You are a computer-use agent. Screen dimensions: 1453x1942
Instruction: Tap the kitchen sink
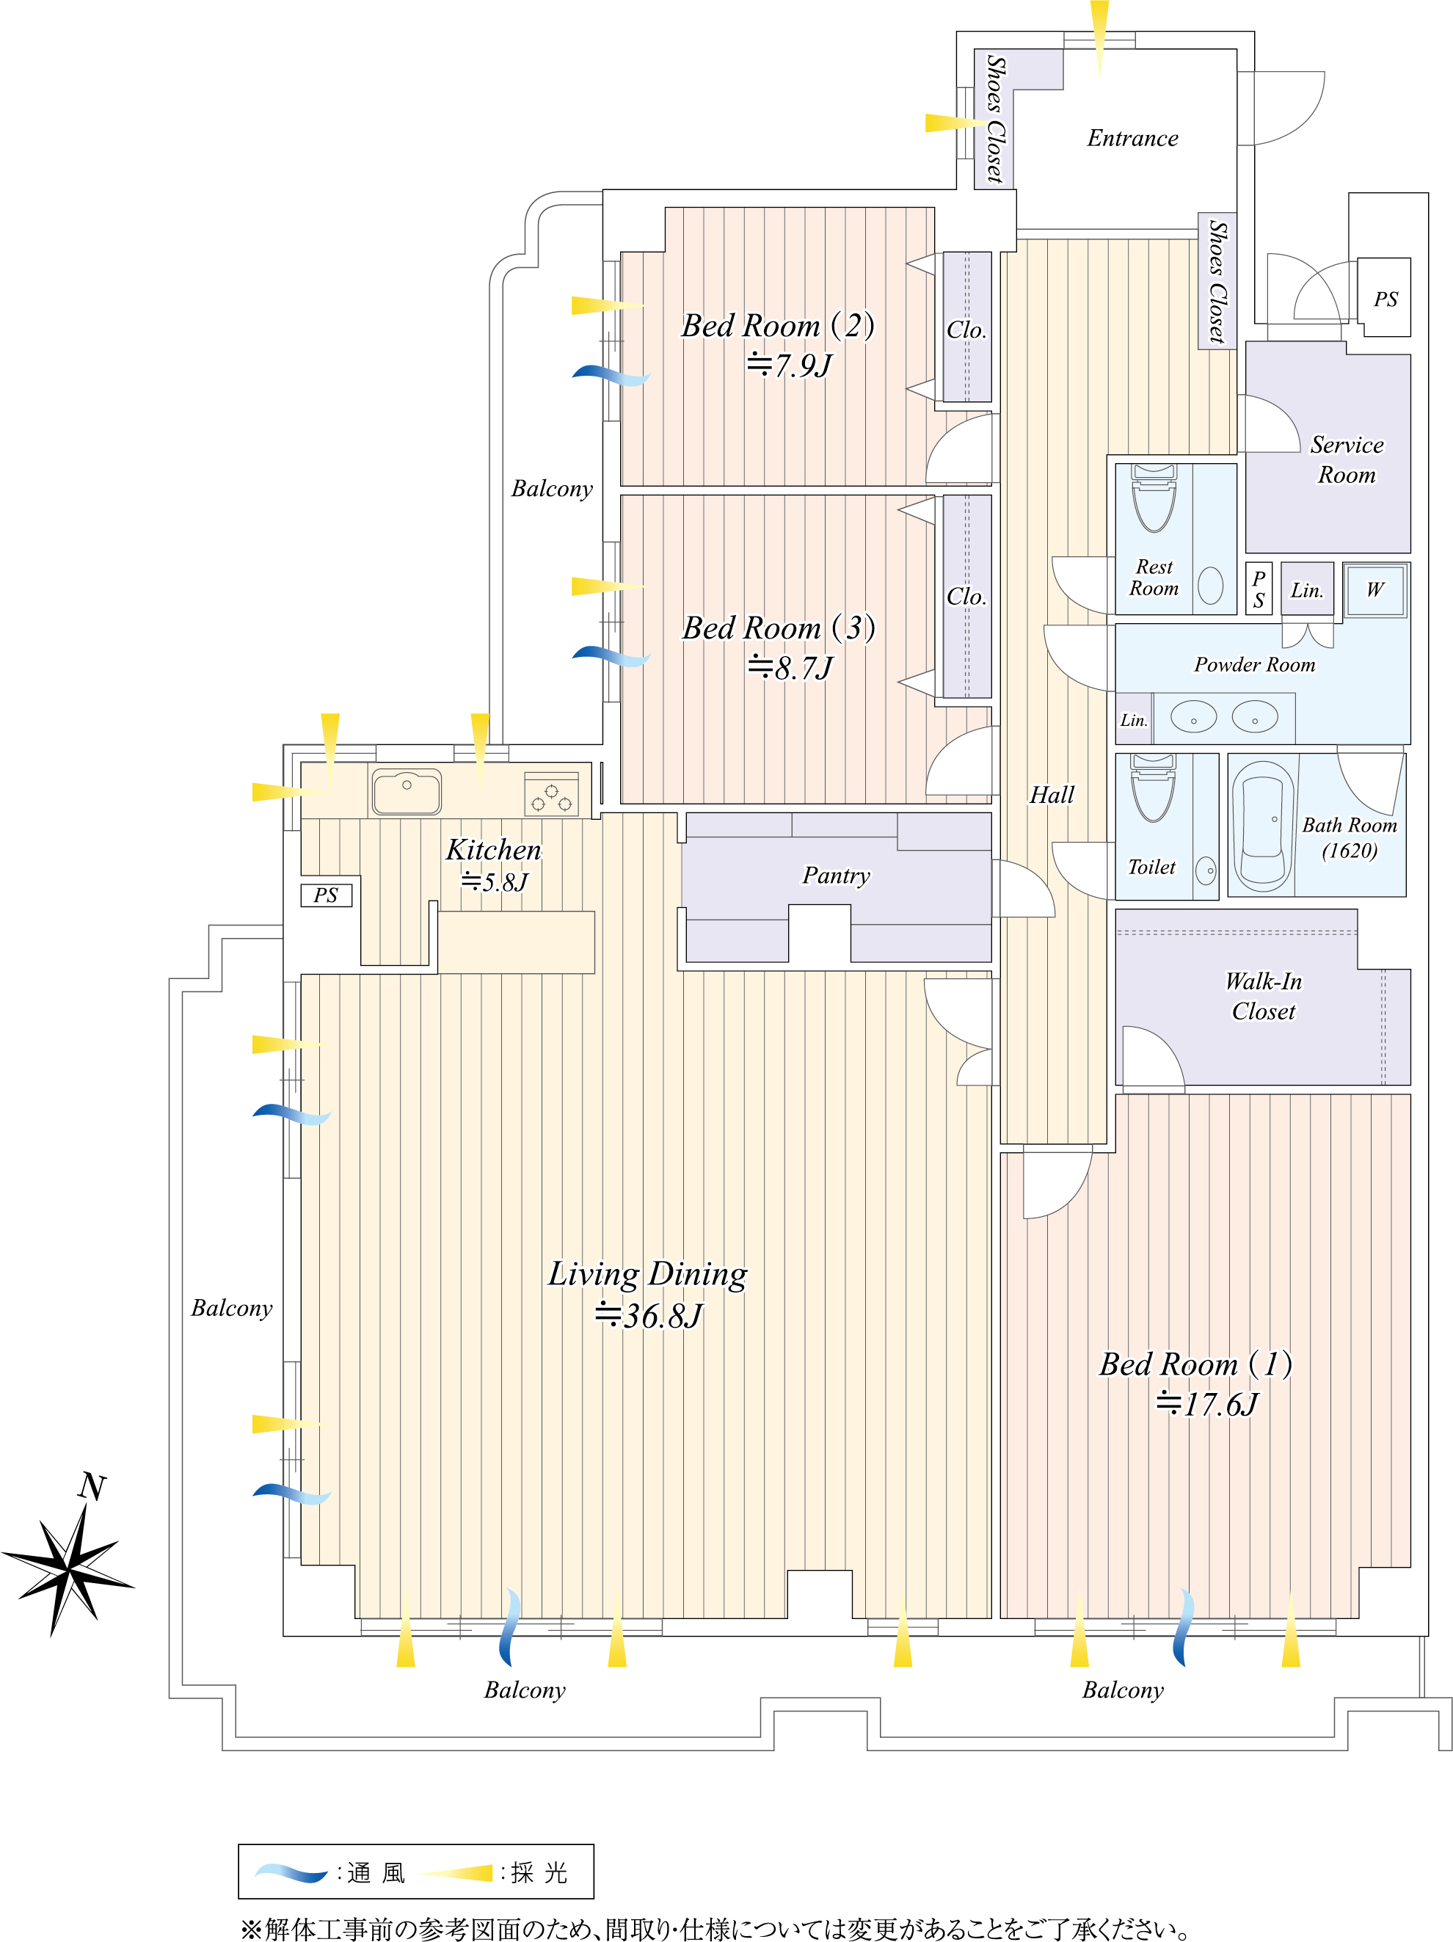406,792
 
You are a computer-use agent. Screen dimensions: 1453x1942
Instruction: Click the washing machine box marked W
1375,589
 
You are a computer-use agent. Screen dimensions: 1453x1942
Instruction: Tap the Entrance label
1132,138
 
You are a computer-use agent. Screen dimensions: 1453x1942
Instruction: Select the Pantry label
836,876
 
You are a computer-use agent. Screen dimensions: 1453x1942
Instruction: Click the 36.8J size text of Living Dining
649,1315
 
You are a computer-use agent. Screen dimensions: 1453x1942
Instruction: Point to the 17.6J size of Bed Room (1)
1207,1405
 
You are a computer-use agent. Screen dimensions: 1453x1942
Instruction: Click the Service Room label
1347,459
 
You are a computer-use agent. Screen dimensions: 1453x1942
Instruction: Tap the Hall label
1052,795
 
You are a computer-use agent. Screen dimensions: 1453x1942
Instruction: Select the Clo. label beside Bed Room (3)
966,596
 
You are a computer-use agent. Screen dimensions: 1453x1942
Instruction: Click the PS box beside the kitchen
326,895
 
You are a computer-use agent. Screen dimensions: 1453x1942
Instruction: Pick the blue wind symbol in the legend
291,1873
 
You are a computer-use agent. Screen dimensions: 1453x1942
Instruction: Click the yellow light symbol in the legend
457,1873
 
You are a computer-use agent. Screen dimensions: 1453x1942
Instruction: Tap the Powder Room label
1255,665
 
